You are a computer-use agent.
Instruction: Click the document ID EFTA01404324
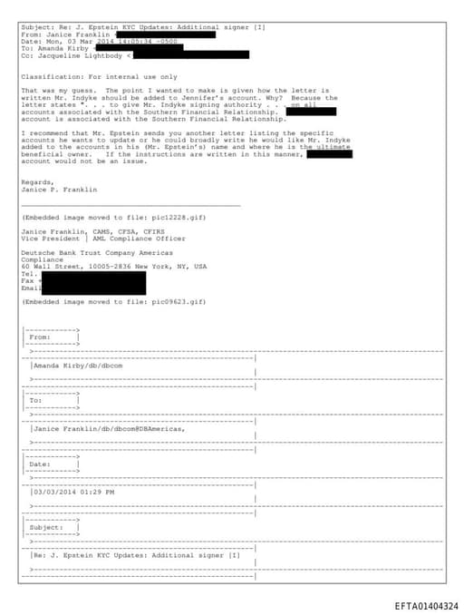(426, 605)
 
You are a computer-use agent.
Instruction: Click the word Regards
(36, 181)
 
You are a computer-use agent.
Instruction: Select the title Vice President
(50, 239)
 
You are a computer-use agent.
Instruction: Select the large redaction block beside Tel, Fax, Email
(94, 281)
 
